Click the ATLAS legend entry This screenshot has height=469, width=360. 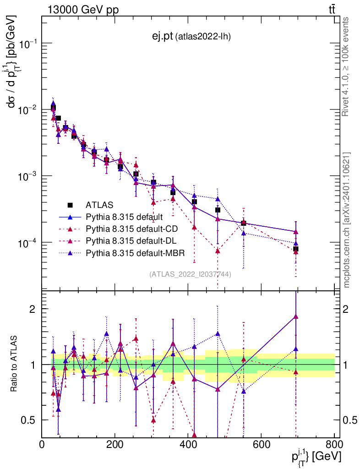tap(99, 205)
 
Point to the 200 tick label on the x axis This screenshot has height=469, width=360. tap(115, 444)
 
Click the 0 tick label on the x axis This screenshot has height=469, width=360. tap(42, 444)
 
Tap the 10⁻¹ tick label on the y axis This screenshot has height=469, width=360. tap(28, 44)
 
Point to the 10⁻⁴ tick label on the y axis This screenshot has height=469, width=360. tap(28, 243)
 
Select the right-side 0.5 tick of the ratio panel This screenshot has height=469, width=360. tap(350, 420)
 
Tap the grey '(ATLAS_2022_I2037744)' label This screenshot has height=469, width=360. tap(190, 274)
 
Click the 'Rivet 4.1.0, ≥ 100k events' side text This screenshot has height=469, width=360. tap(346, 66)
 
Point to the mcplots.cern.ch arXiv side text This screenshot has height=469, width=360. tap(346, 220)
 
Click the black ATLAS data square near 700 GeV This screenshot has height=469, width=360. tap(296, 249)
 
